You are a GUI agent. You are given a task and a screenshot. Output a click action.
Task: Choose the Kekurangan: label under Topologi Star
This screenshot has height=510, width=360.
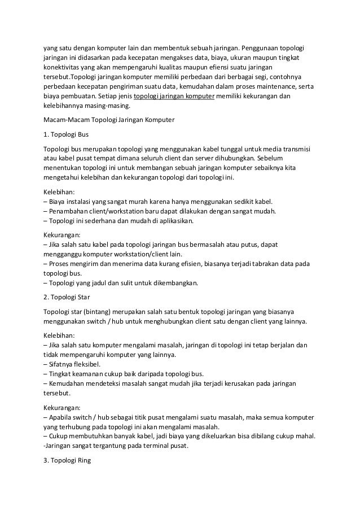click(63, 407)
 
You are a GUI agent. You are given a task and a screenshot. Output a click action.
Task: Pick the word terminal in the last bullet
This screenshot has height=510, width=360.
click(148, 445)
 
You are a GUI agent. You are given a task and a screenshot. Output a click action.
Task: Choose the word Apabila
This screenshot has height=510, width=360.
click(63, 416)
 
